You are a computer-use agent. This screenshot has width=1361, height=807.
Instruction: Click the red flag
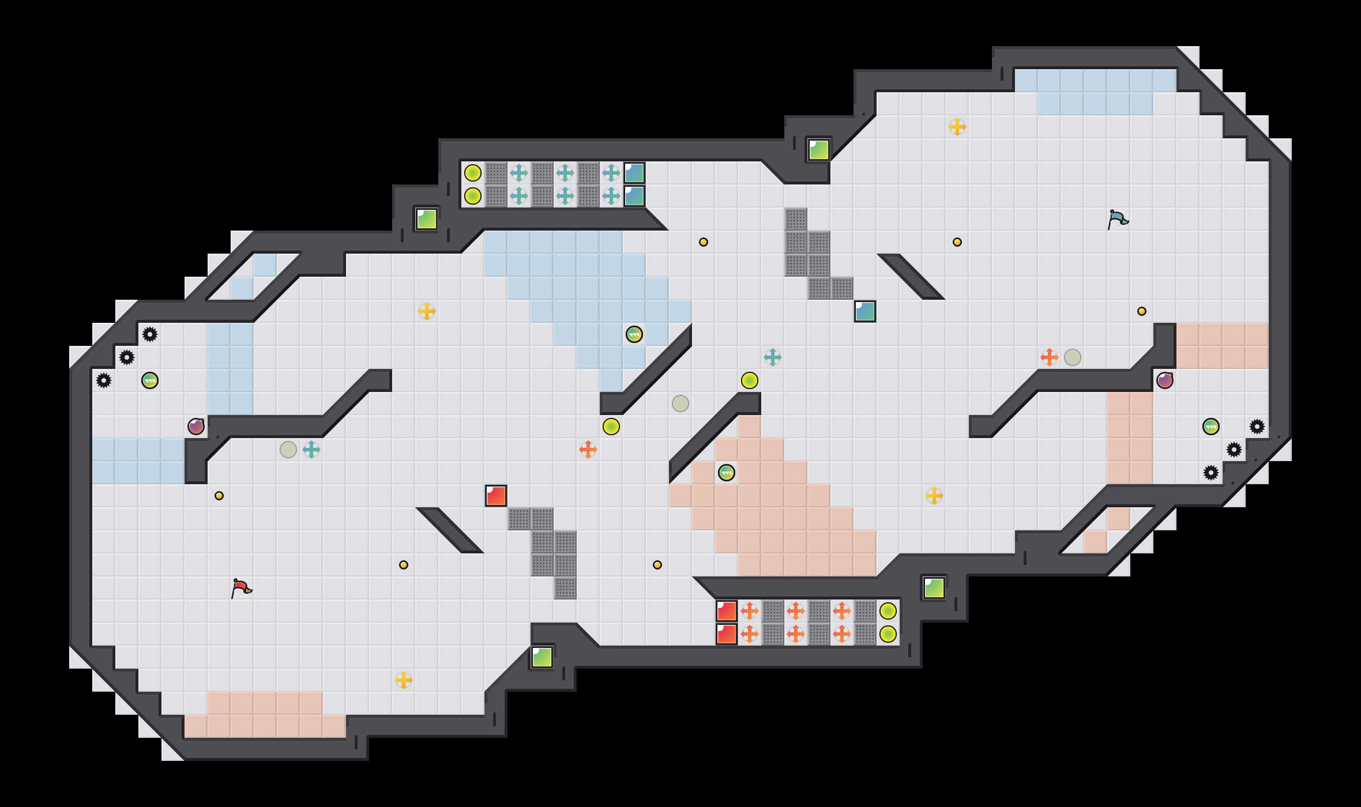tap(241, 588)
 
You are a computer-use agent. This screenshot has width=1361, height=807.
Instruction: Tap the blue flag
tap(1118, 219)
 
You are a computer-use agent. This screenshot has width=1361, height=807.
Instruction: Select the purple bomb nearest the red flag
tap(196, 427)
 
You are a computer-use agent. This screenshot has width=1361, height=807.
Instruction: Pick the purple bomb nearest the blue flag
tap(1165, 380)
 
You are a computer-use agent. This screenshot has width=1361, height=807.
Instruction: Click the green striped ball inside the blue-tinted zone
tap(634, 334)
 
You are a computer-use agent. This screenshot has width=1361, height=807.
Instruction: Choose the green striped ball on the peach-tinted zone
tap(727, 473)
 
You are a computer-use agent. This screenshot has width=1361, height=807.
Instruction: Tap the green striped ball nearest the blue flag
tap(1211, 427)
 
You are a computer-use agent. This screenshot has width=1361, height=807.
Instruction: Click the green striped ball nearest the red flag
tap(150, 380)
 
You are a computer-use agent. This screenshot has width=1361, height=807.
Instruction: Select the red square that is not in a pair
tap(496, 496)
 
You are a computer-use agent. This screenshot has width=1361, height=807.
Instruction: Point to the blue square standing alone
tap(865, 311)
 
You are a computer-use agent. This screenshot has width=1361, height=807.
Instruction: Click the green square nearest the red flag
tap(542, 657)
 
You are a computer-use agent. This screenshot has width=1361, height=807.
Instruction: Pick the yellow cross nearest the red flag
tap(404, 680)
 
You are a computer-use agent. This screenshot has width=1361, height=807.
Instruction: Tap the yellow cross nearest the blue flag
tap(957, 127)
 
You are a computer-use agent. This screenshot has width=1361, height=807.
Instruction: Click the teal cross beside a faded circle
tap(311, 450)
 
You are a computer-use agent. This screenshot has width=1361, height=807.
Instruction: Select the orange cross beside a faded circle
tap(1050, 357)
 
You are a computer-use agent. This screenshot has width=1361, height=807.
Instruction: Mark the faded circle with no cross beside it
tap(680, 403)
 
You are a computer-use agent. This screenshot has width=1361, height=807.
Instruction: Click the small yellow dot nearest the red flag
tap(219, 496)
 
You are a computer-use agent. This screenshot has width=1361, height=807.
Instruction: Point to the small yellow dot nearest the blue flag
tap(1142, 311)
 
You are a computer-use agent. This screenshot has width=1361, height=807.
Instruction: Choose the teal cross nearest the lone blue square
tap(773, 357)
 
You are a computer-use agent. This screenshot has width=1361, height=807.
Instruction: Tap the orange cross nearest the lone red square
tap(588, 450)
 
